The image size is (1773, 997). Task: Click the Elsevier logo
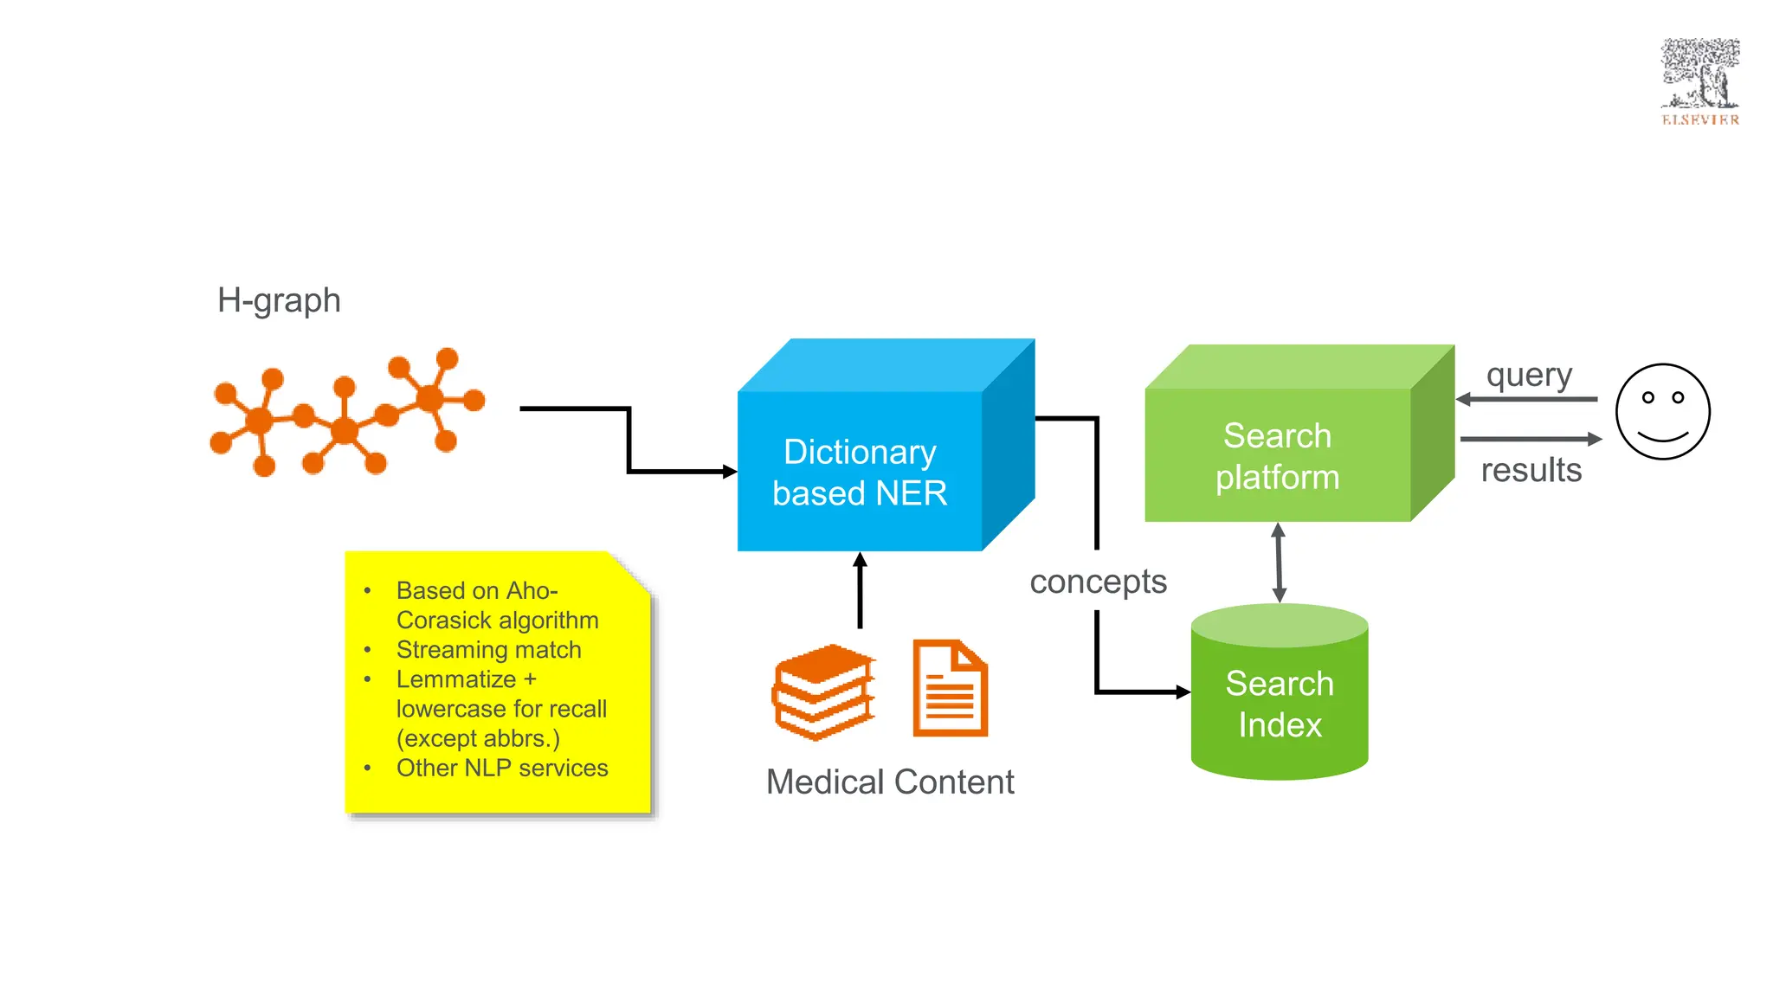click(1699, 82)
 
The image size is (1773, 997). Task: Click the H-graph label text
click(279, 300)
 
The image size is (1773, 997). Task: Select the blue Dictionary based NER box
click(860, 472)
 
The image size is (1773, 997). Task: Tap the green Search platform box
click(1278, 456)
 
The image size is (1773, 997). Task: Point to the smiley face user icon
click(1662, 412)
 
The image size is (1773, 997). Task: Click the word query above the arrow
click(1529, 376)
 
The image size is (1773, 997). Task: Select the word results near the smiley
click(1531, 470)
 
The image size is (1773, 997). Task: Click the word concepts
click(1098, 582)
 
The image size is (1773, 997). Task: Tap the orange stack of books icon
click(822, 691)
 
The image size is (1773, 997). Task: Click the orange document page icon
click(950, 689)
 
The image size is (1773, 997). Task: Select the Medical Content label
click(890, 782)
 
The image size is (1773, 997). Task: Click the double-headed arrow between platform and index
click(1279, 563)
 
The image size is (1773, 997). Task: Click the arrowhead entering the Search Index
click(1182, 691)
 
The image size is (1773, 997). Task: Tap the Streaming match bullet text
click(488, 650)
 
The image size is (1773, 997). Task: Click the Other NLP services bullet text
click(502, 768)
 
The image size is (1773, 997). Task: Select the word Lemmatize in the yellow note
click(456, 679)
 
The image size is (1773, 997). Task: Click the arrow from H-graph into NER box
click(629, 441)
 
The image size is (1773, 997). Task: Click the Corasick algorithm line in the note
click(497, 621)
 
